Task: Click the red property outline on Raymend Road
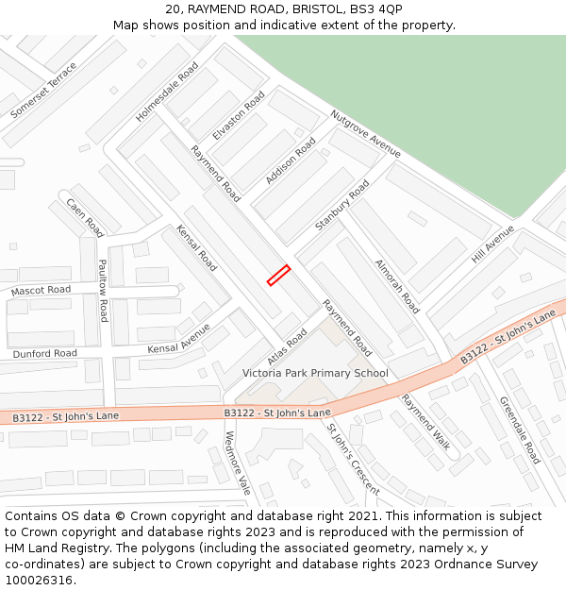[x=278, y=275]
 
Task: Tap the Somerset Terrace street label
[x=43, y=91]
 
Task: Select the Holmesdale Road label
[x=167, y=93]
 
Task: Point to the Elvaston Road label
[x=239, y=116]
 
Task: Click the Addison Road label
[x=291, y=160]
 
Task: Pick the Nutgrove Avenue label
[x=365, y=133]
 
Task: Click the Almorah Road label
[x=397, y=286]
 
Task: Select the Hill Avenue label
[x=493, y=244]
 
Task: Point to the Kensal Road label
[x=196, y=248]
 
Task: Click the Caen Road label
[x=85, y=217]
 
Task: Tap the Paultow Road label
[x=103, y=291]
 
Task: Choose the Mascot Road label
[x=41, y=291]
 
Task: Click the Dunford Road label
[x=45, y=354]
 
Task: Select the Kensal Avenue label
[x=179, y=339]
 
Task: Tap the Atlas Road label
[x=287, y=346]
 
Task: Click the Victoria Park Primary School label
[x=315, y=373]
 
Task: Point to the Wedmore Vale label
[x=238, y=464]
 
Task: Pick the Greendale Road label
[x=520, y=430]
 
